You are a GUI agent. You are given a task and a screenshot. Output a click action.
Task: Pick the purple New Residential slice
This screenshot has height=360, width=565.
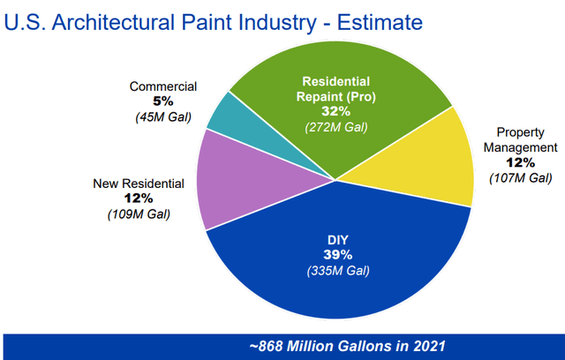pos(230,190)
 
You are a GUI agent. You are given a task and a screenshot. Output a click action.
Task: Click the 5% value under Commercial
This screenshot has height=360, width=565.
pos(163,101)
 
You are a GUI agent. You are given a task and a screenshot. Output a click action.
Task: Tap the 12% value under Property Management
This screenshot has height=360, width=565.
pos(521,162)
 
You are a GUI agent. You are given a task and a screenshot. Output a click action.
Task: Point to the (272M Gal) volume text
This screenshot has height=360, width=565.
pos(337,128)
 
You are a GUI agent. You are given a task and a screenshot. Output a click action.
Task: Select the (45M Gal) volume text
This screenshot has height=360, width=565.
pos(163,116)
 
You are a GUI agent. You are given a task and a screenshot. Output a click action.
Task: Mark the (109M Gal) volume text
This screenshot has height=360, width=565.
pos(139,214)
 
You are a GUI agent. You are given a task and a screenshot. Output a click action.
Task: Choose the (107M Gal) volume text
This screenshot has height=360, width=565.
pos(521,177)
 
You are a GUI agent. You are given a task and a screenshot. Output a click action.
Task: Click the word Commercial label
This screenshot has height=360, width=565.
pos(163,86)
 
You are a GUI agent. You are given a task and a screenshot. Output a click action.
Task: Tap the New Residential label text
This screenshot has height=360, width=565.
pos(139,184)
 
